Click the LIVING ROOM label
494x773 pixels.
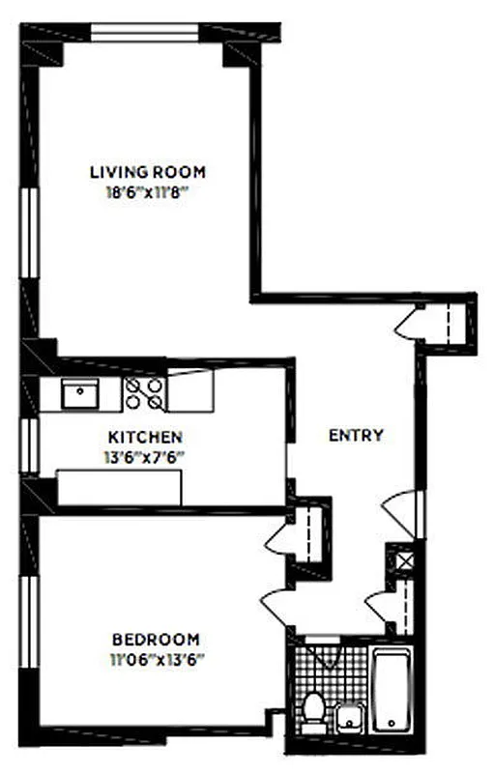pyautogui.click(x=147, y=172)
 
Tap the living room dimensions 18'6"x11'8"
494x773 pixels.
pyautogui.click(x=147, y=192)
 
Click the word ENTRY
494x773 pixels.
pyautogui.click(x=356, y=436)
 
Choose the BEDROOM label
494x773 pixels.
pyautogui.click(x=156, y=640)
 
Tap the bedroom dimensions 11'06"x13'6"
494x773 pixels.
pyautogui.click(x=156, y=659)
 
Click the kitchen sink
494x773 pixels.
pyautogui.click(x=79, y=392)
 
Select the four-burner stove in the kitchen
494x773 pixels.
pyautogui.click(x=145, y=391)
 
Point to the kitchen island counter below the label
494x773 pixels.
pyautogui.click(x=119, y=486)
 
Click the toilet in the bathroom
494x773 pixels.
pyautogui.click(x=311, y=712)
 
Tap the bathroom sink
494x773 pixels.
pyautogui.click(x=348, y=719)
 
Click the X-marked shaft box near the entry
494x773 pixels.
pyautogui.click(x=399, y=559)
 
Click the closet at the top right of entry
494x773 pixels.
pyautogui.click(x=448, y=323)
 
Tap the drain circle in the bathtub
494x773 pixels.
pyautogui.click(x=389, y=724)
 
